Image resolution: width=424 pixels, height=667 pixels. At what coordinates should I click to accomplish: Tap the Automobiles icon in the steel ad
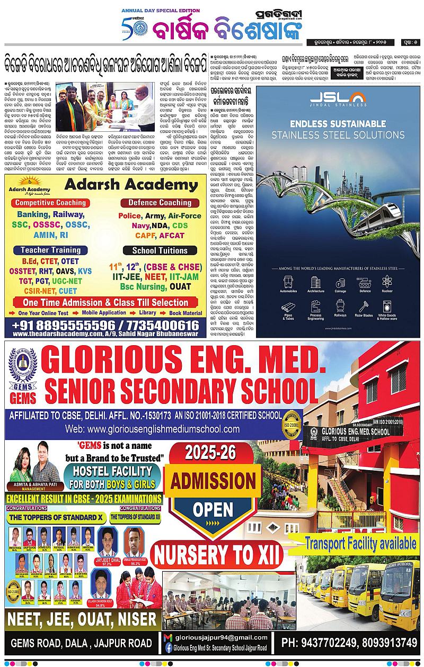click(x=288, y=283)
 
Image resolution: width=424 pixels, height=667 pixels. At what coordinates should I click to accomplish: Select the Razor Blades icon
click(x=363, y=307)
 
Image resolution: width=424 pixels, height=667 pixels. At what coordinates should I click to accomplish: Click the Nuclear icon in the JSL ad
click(x=387, y=283)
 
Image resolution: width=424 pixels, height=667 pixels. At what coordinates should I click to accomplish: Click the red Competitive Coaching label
click(x=51, y=203)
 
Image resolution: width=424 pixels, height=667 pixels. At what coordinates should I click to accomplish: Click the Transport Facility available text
click(x=360, y=543)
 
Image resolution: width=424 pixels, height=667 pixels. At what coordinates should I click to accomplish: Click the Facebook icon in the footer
click(x=169, y=647)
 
